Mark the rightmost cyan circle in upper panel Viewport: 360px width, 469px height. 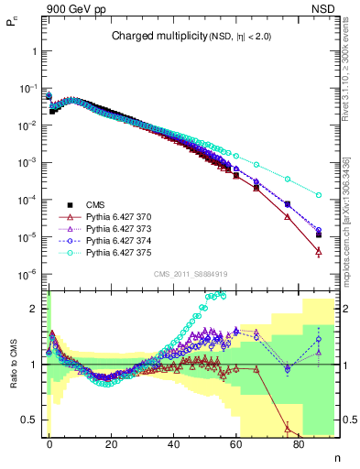pos(319,195)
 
